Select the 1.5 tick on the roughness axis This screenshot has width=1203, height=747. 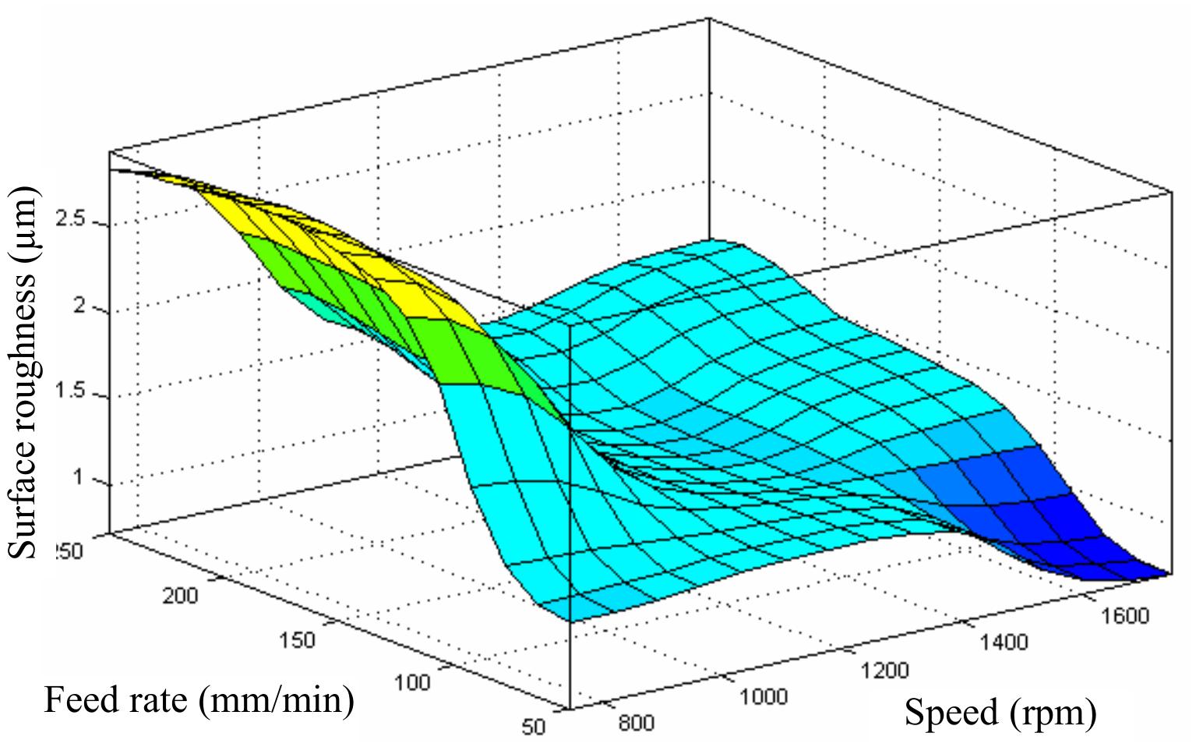click(75, 391)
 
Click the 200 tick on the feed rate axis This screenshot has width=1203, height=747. click(180, 597)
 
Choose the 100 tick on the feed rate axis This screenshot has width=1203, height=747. click(411, 683)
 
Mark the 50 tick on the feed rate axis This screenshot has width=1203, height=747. click(533, 727)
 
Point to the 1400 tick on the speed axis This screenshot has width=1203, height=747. click(1004, 643)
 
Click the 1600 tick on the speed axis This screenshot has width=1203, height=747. click(1125, 616)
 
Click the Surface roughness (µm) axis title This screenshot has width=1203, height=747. click(23, 372)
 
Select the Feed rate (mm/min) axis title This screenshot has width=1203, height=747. click(199, 701)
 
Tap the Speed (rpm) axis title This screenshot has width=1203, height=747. click(1000, 712)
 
